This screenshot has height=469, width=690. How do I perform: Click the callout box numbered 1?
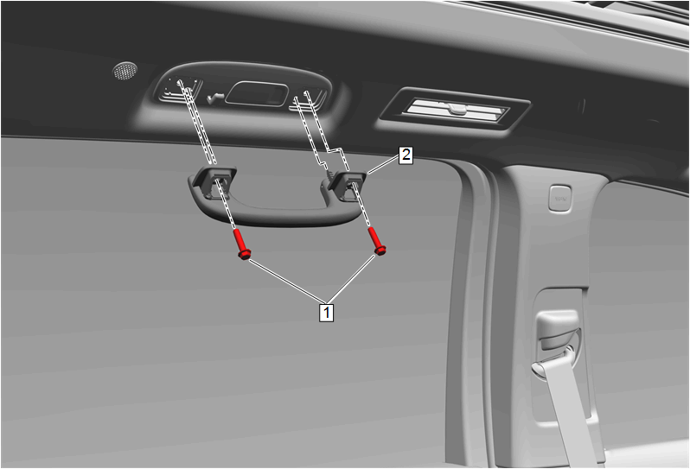[326, 312]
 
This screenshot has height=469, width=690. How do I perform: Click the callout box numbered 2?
[406, 155]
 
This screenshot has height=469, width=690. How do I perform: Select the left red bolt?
[241, 244]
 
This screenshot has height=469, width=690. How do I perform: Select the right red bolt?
[377, 241]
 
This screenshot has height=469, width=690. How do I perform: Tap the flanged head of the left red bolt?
[245, 254]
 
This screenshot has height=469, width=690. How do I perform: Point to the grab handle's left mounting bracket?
[214, 181]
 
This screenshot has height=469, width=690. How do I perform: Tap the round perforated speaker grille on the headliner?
[125, 70]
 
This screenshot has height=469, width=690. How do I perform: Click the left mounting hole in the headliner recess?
[180, 82]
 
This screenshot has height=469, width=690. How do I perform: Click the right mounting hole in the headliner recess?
[306, 92]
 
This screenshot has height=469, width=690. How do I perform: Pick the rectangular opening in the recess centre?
[256, 93]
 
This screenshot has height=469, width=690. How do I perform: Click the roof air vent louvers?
[456, 110]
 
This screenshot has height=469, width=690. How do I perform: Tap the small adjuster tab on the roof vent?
[457, 108]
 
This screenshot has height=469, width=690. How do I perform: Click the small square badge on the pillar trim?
[560, 199]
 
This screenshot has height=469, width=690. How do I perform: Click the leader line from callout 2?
[383, 165]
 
